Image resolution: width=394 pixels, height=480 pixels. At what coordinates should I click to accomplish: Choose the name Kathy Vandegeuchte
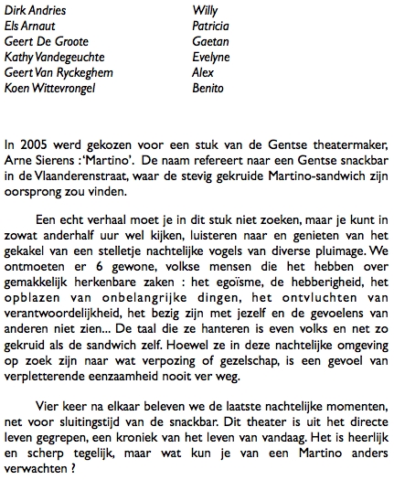point(53,59)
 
